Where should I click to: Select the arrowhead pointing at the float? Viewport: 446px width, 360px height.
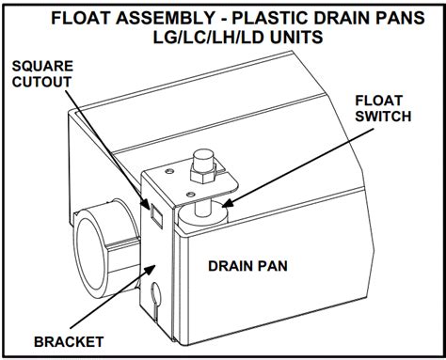(x=221, y=198)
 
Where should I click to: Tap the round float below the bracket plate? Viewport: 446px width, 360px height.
(x=208, y=211)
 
